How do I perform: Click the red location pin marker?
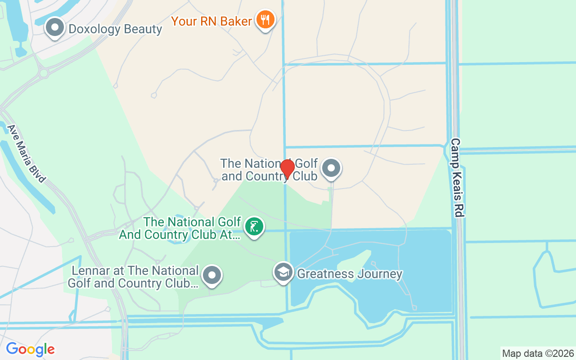(287, 168)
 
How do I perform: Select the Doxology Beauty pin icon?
(55, 27)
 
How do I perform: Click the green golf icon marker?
(254, 226)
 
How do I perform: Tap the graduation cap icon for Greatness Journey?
(283, 272)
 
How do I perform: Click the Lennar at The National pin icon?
(211, 275)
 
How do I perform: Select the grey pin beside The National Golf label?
(332, 169)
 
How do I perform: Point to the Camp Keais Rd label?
(457, 178)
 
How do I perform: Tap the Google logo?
(30, 349)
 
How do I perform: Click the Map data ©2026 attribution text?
(538, 353)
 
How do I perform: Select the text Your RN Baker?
(211, 21)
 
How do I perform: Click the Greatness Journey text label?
(350, 274)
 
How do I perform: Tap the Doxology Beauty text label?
(115, 29)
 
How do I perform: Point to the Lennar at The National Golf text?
(133, 277)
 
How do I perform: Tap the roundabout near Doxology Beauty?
(44, 73)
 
